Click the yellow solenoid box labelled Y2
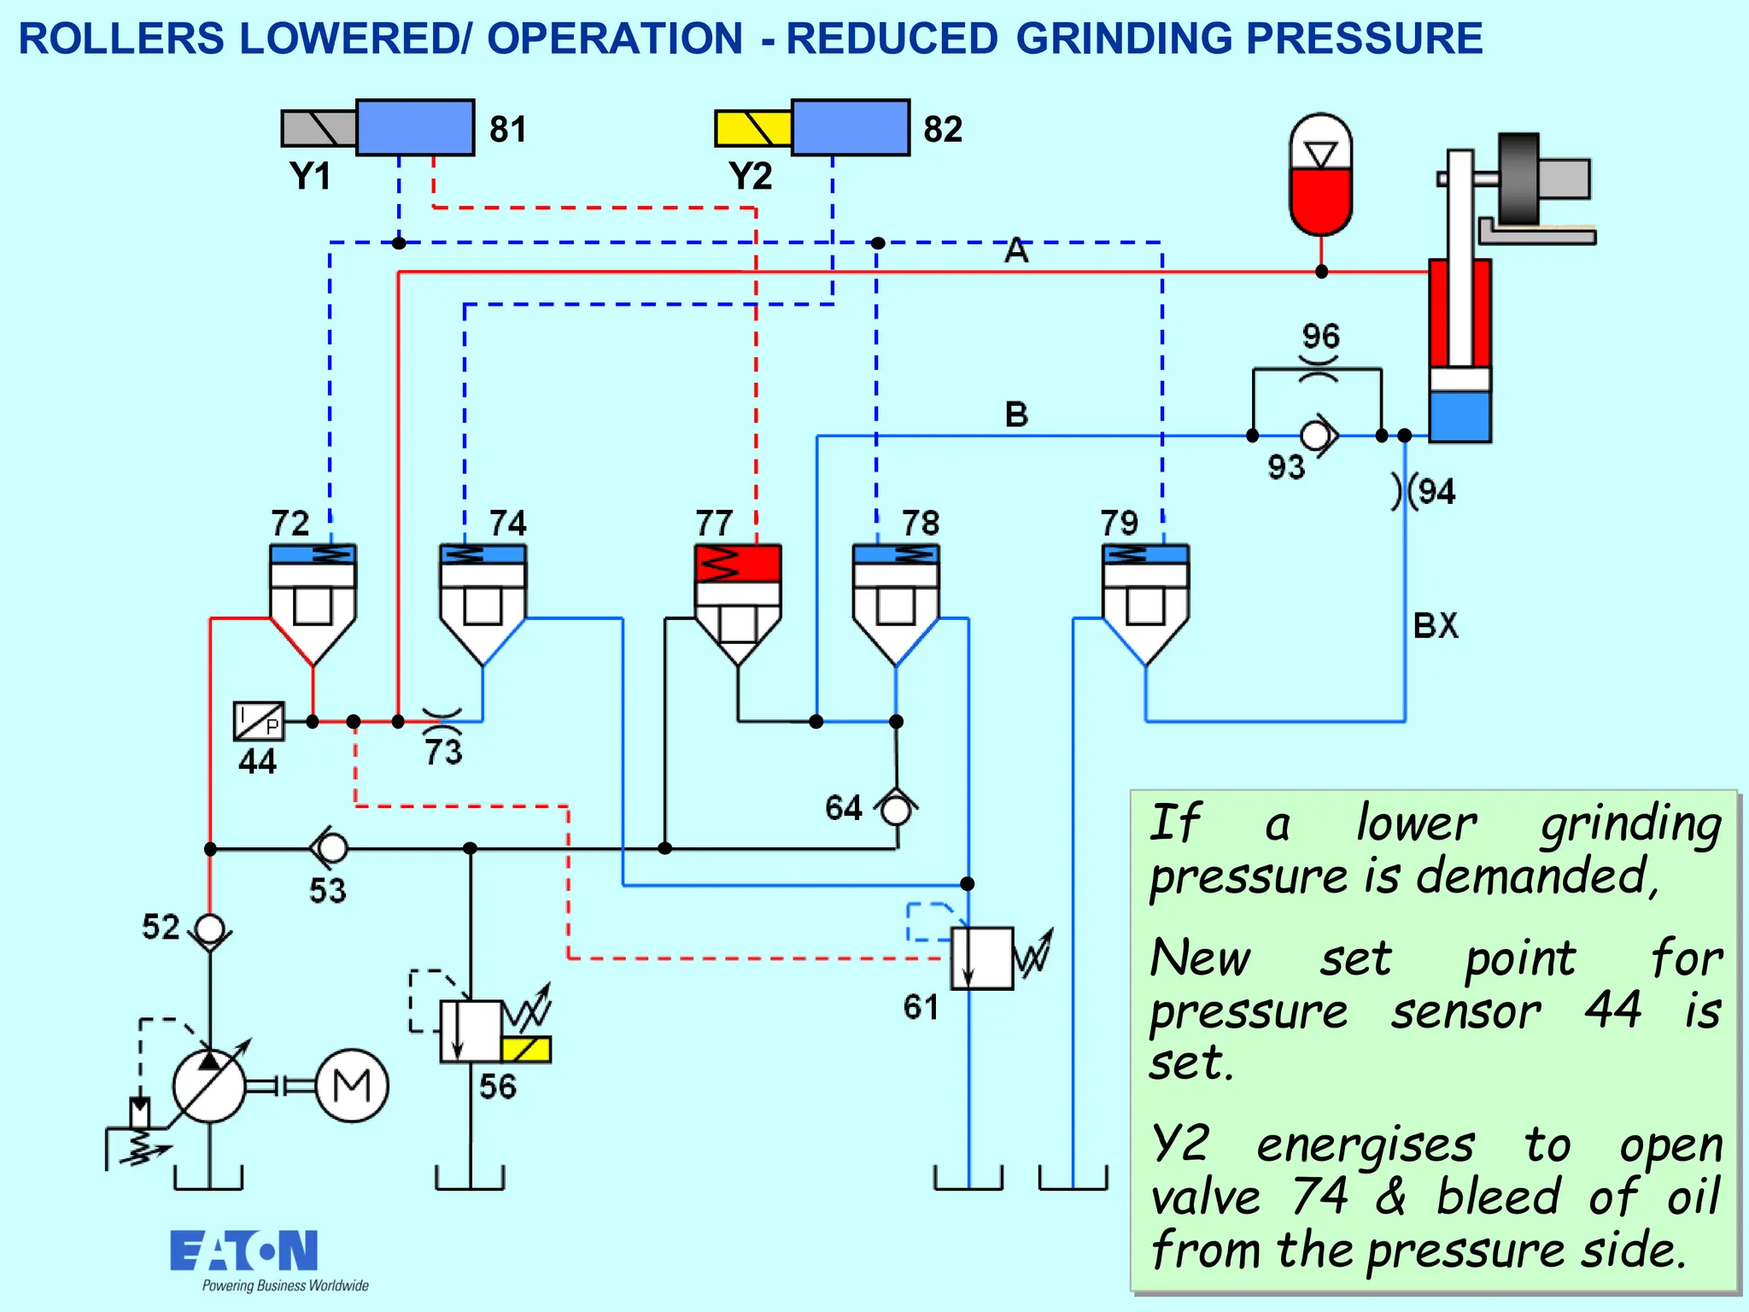pos(752,128)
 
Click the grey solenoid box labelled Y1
pos(319,128)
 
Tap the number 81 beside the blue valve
pos(507,130)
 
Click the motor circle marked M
pos(352,1086)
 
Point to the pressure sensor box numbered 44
pos(258,721)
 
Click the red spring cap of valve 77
pos(737,564)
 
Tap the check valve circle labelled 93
pos(1315,436)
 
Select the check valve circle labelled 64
pos(896,809)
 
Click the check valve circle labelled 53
pos(332,848)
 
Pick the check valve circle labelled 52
pos(209,929)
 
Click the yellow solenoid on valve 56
pos(526,1049)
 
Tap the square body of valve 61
pos(982,958)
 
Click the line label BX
pos(1436,625)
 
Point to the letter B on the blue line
pos(1016,414)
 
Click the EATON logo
pos(244,1251)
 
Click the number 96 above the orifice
pos(1320,336)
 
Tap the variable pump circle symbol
pos(209,1086)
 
